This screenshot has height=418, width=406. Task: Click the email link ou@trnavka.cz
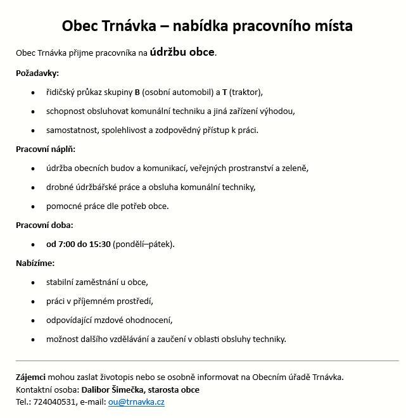(136, 402)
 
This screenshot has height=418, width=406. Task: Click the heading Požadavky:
(37, 73)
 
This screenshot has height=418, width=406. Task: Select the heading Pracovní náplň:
(50, 149)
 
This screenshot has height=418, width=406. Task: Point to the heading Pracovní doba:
(44, 225)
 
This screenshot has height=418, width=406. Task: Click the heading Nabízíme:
(35, 263)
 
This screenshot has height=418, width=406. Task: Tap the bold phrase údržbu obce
(182, 52)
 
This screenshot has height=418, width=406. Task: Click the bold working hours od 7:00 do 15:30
(78, 244)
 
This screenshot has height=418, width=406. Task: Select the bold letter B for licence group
(137, 92)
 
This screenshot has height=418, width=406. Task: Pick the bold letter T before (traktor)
(224, 92)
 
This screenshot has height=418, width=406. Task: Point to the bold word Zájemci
(30, 377)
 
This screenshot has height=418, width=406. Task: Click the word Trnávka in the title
(119, 26)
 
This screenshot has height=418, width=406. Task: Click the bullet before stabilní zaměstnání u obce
(33, 282)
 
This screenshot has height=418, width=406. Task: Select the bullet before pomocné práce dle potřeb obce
(33, 206)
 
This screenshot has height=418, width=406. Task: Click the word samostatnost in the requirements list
(72, 130)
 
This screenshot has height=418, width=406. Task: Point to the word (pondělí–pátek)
(144, 244)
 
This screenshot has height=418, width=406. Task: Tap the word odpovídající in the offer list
(72, 320)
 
